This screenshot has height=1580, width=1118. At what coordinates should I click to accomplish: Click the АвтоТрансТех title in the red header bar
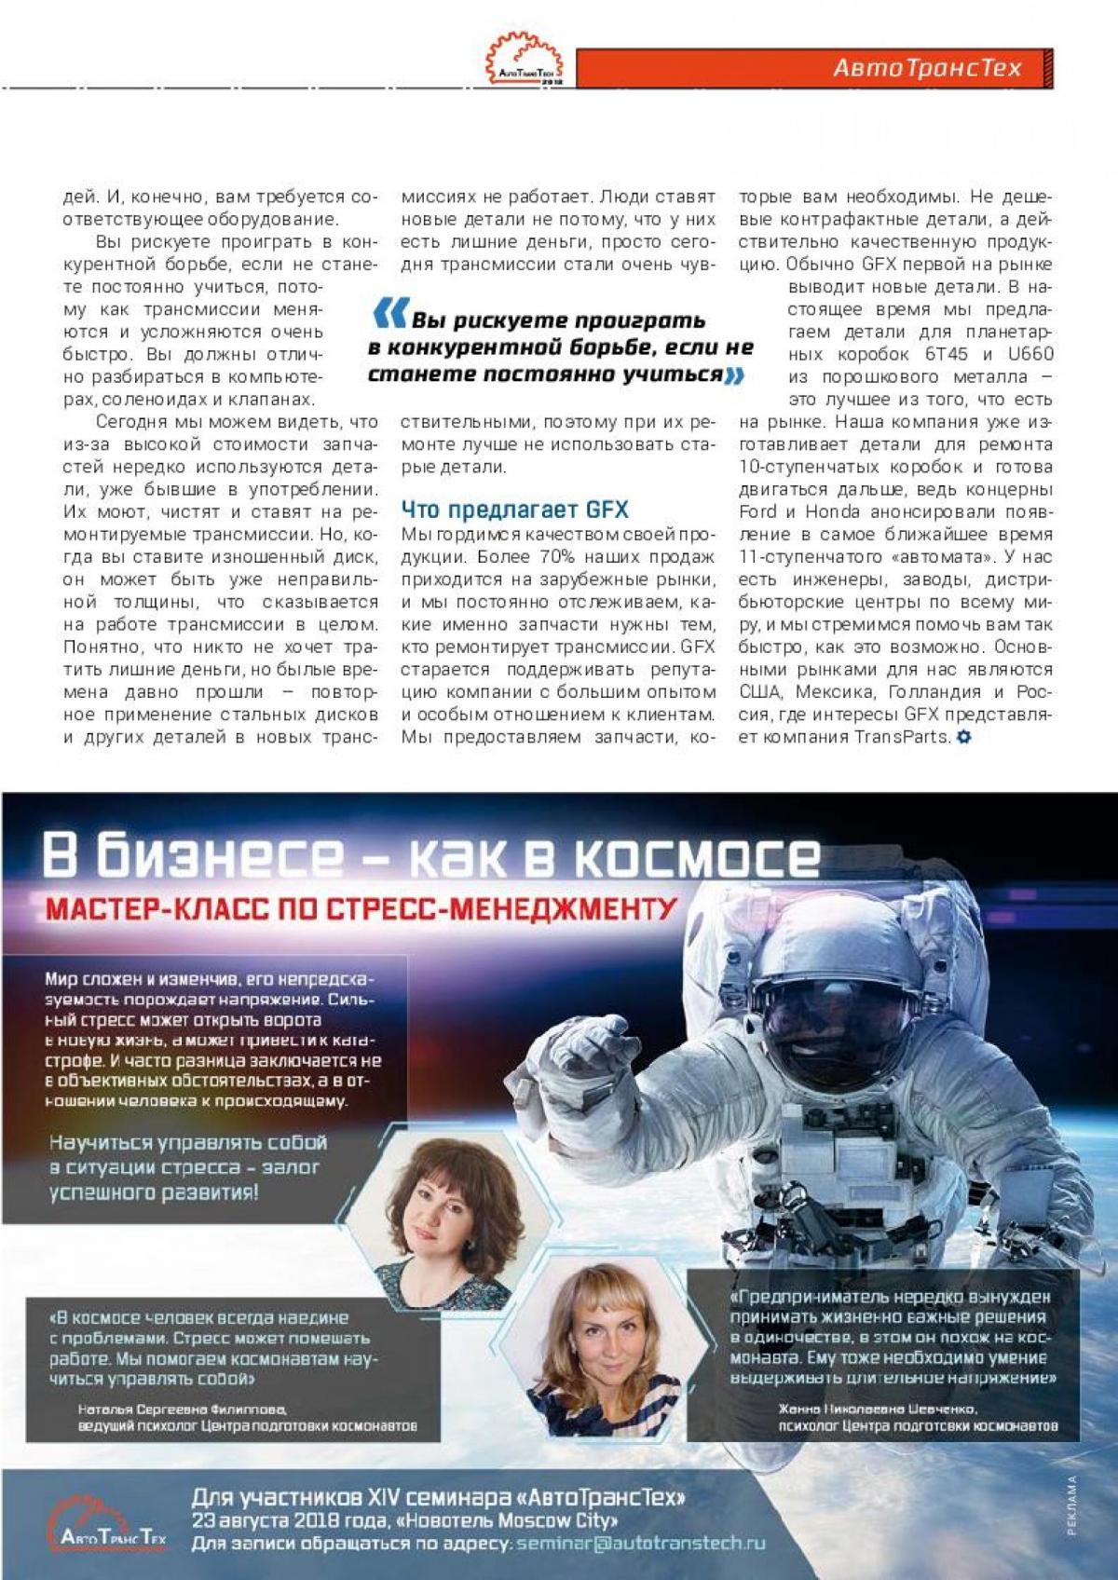pyautogui.click(x=927, y=68)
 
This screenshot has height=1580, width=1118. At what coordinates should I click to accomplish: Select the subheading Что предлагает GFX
pyautogui.click(x=514, y=510)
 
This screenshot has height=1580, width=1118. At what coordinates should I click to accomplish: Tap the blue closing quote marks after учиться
pyautogui.click(x=734, y=375)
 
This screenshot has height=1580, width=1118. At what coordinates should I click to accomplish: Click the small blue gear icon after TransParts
pyautogui.click(x=963, y=737)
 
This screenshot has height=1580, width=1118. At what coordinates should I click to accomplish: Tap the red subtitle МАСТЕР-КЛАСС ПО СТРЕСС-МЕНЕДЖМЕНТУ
pyautogui.click(x=361, y=908)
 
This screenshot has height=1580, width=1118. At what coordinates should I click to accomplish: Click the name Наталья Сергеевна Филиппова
pyautogui.click(x=183, y=1409)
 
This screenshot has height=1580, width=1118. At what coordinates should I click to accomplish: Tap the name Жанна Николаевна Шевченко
pyautogui.click(x=878, y=1409)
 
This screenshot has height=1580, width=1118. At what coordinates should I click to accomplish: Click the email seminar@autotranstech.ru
pyautogui.click(x=641, y=1544)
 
